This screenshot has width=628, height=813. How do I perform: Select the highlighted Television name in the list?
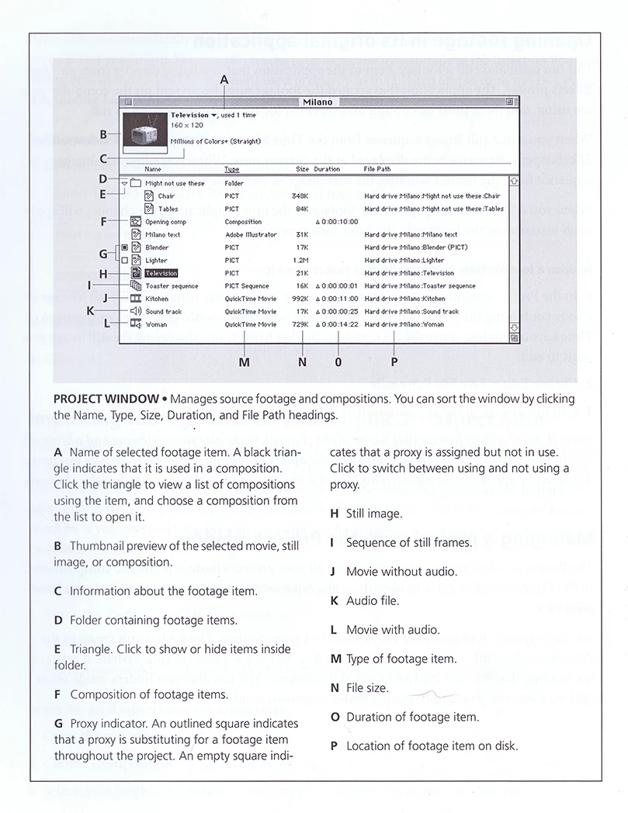point(161,273)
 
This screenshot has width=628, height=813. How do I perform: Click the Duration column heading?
point(327,168)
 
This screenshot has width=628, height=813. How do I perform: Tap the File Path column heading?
point(377,168)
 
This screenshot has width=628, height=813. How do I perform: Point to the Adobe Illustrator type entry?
point(250,234)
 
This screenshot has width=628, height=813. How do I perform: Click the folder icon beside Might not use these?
point(135,184)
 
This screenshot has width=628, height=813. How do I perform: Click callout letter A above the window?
point(225,79)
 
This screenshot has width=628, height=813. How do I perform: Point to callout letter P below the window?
point(394,362)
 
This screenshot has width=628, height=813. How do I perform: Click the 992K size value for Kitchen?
point(300,299)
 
